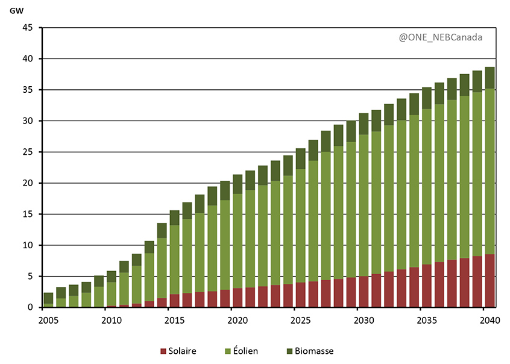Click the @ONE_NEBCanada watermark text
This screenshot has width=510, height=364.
(x=440, y=37)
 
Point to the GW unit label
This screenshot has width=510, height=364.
(x=16, y=10)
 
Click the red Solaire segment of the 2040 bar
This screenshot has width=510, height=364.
(x=490, y=281)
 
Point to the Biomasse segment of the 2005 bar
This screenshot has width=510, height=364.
(x=48, y=298)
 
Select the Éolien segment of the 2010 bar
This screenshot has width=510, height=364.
(x=112, y=294)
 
